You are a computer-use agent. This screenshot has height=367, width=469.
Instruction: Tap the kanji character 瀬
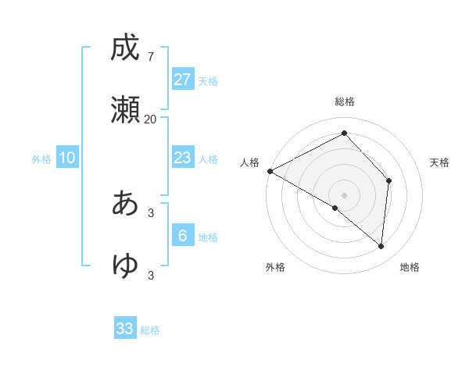coord(124,110)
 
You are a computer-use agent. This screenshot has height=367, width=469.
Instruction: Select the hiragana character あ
coord(124,203)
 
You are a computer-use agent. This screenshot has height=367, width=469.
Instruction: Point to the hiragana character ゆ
coord(124,265)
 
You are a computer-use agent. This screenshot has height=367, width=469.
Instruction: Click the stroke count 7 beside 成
coord(150,57)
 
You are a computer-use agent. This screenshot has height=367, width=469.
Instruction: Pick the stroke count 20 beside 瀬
coord(150,119)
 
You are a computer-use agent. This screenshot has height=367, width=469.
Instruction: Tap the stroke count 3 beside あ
coord(151,212)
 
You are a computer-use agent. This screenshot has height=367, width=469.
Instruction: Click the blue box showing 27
coord(183,80)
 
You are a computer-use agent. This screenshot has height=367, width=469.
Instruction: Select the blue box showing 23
coord(183,158)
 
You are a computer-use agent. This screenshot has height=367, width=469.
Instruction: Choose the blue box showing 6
coord(183,235)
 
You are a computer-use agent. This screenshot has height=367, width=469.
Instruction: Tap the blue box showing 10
coord(67,158)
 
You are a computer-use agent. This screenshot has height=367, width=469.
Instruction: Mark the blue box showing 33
coord(125,329)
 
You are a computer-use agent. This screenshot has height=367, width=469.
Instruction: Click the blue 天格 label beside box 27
coord(208,81)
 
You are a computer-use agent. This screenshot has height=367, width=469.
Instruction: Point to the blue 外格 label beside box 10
coord(41,159)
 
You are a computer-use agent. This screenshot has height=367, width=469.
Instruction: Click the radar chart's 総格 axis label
coord(345,102)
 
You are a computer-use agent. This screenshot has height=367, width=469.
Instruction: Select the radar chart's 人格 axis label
coord(249,162)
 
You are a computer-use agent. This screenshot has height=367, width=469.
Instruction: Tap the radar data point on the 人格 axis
coord(270,170)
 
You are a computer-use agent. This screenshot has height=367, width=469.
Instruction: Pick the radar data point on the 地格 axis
coord(381,246)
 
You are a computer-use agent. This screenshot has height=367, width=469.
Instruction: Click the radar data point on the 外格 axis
coord(335,208)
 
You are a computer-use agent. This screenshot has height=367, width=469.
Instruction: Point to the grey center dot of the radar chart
coord(345,194)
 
